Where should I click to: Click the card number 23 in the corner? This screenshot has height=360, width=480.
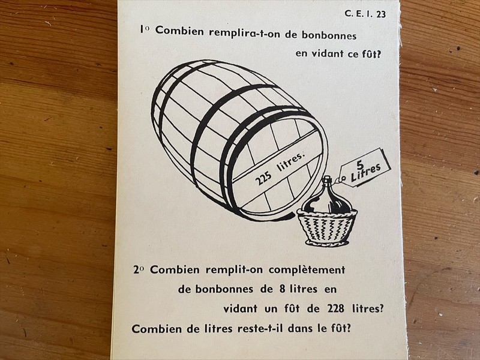point(381,14)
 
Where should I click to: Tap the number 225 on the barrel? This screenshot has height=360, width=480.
point(263,178)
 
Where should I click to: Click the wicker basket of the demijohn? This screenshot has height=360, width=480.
point(327,226)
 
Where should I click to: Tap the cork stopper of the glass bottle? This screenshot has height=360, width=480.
point(327,178)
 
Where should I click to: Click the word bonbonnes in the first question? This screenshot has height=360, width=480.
point(329,35)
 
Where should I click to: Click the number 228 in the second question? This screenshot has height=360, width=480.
point(336,308)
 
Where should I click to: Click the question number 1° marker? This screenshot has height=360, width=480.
point(145,29)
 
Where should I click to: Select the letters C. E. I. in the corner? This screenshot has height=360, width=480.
point(359,14)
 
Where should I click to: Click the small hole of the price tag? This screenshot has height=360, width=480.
point(344,178)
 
